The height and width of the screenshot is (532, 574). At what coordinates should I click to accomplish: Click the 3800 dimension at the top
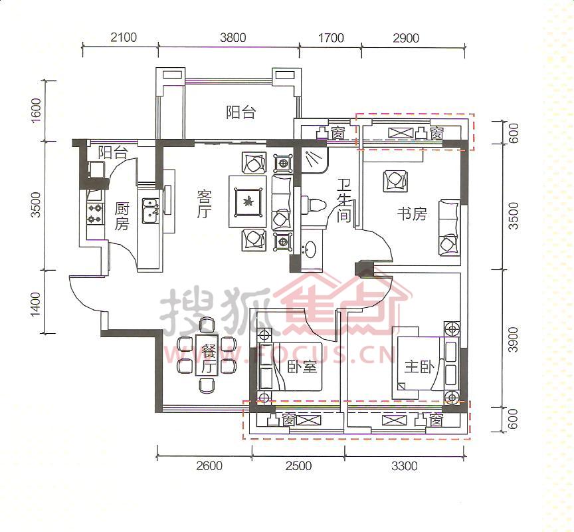pos(233,38)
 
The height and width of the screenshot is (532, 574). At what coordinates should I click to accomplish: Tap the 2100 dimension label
pos(124,37)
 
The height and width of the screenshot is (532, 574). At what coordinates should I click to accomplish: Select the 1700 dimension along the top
pos(331,38)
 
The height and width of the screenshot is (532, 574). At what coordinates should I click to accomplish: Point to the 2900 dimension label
pos(406,38)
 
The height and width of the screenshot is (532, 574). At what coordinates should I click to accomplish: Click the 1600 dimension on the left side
pos(37,110)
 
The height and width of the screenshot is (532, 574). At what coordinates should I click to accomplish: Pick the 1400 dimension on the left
pos(36,304)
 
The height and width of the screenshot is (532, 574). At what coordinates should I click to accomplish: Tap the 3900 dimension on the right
pos(514,339)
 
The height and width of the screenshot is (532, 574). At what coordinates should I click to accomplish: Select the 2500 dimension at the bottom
pos(300,465)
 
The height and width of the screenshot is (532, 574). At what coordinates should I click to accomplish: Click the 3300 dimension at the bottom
pos(404,465)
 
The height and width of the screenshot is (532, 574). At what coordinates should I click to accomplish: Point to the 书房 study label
pos(412,214)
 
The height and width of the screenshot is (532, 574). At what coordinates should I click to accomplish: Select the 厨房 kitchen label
pos(122,217)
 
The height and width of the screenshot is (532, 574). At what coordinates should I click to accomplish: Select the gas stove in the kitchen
pos(94,214)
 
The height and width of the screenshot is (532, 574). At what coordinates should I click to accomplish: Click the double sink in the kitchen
pos(150,211)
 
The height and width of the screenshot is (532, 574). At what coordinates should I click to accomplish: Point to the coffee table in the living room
pos(248,201)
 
